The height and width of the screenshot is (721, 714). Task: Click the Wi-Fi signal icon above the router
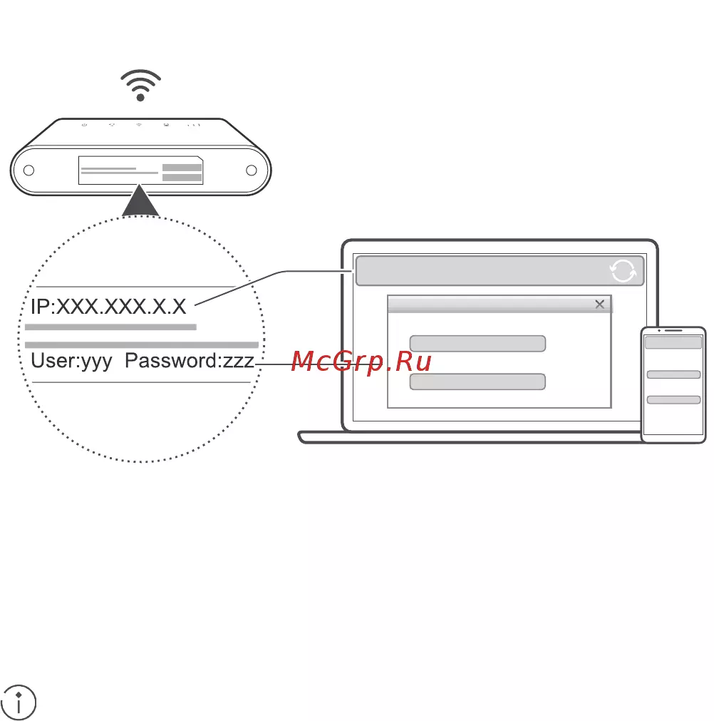(140, 85)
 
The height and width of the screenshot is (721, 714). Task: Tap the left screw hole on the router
(29, 170)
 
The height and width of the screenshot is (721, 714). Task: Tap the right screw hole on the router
(252, 170)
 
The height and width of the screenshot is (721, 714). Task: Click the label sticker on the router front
(140, 170)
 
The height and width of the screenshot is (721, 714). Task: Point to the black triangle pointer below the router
(140, 200)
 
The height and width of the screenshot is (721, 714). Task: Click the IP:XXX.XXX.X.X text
(108, 307)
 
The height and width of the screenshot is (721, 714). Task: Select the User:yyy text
(71, 362)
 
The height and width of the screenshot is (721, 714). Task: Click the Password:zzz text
(190, 362)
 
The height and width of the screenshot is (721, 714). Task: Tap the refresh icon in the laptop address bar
(623, 271)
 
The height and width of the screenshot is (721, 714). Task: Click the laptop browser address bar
(500, 271)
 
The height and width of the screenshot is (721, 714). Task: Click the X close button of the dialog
(599, 304)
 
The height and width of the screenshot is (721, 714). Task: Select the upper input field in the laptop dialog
(477, 344)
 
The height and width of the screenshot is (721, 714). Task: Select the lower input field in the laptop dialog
(477, 382)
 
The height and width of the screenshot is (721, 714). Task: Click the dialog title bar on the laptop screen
(500, 305)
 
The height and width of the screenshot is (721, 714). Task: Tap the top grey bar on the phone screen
(673, 342)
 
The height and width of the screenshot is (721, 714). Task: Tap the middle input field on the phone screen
(673, 374)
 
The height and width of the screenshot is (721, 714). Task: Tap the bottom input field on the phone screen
(673, 400)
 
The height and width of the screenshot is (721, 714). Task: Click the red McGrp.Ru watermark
(361, 362)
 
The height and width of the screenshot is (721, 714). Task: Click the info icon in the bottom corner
(19, 702)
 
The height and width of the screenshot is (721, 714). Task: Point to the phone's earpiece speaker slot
(673, 331)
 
